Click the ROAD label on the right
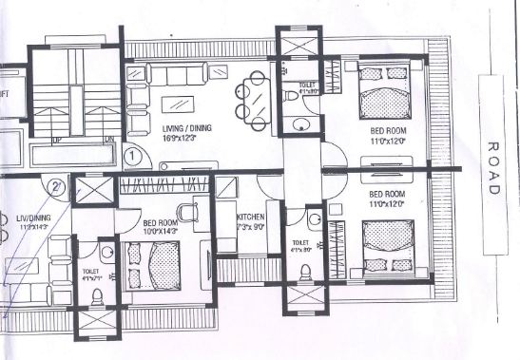(492, 169)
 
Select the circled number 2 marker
(57, 186)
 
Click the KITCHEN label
(252, 218)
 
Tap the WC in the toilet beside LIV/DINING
(92, 297)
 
